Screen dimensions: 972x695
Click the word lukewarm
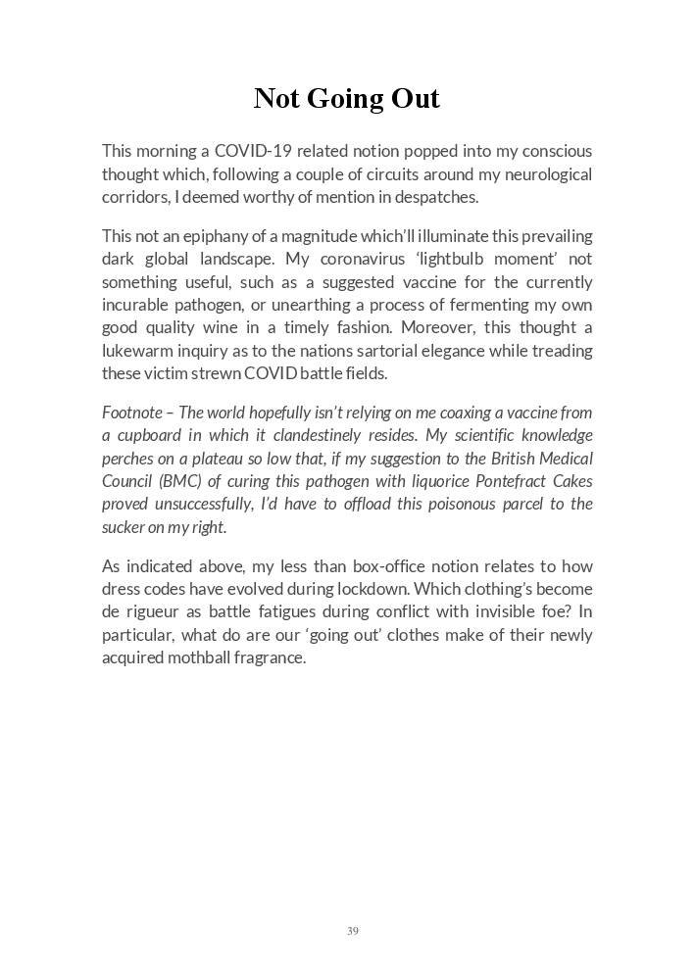(139, 350)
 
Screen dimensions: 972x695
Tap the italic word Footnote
(132, 413)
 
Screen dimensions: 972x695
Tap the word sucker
(124, 527)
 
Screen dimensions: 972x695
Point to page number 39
(352, 931)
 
